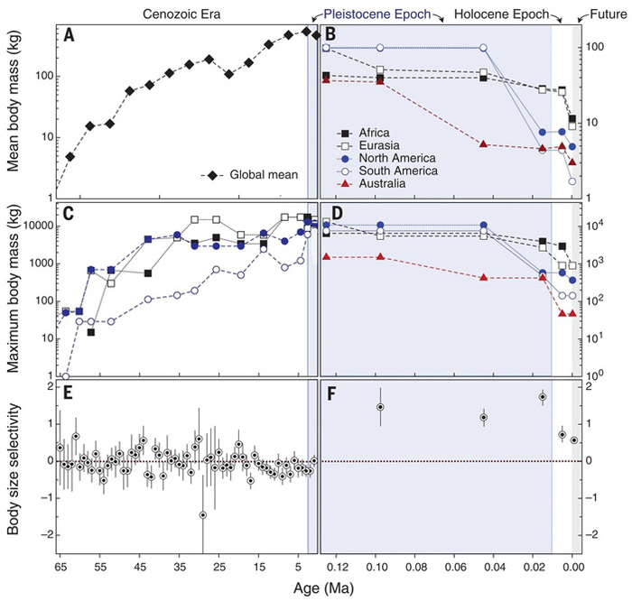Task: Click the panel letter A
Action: tap(69, 35)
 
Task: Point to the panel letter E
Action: tap(69, 391)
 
